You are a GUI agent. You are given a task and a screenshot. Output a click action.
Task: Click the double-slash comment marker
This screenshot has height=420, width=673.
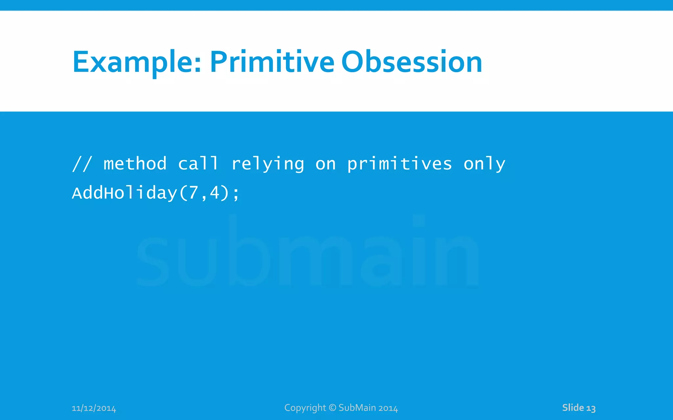82,163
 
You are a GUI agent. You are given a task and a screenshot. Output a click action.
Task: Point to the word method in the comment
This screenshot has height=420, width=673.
135,163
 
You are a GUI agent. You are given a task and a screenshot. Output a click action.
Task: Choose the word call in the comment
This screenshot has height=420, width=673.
198,163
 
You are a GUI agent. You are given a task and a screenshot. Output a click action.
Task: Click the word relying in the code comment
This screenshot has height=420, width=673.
268,164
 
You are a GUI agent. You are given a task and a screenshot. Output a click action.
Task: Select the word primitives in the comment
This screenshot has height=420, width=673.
400,164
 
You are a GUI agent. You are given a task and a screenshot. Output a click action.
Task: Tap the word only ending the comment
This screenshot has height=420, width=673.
484,164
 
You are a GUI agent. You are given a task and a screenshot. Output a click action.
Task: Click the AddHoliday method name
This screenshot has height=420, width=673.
125,193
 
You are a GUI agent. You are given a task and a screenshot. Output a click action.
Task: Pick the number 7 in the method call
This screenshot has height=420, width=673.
193,193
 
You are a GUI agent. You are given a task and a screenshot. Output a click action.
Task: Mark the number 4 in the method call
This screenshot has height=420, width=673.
215,193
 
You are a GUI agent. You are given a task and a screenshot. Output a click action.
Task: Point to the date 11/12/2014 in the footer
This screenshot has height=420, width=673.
94,408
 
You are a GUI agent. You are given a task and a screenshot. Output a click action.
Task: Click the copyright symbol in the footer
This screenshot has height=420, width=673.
333,408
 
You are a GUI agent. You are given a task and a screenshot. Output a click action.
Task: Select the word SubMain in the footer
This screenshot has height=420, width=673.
357,408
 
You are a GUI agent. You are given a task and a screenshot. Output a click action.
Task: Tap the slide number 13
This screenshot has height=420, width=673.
591,408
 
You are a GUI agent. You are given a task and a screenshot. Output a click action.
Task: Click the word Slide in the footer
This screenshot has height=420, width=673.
573,408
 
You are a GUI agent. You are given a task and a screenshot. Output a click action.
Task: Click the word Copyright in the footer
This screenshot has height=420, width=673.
305,408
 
